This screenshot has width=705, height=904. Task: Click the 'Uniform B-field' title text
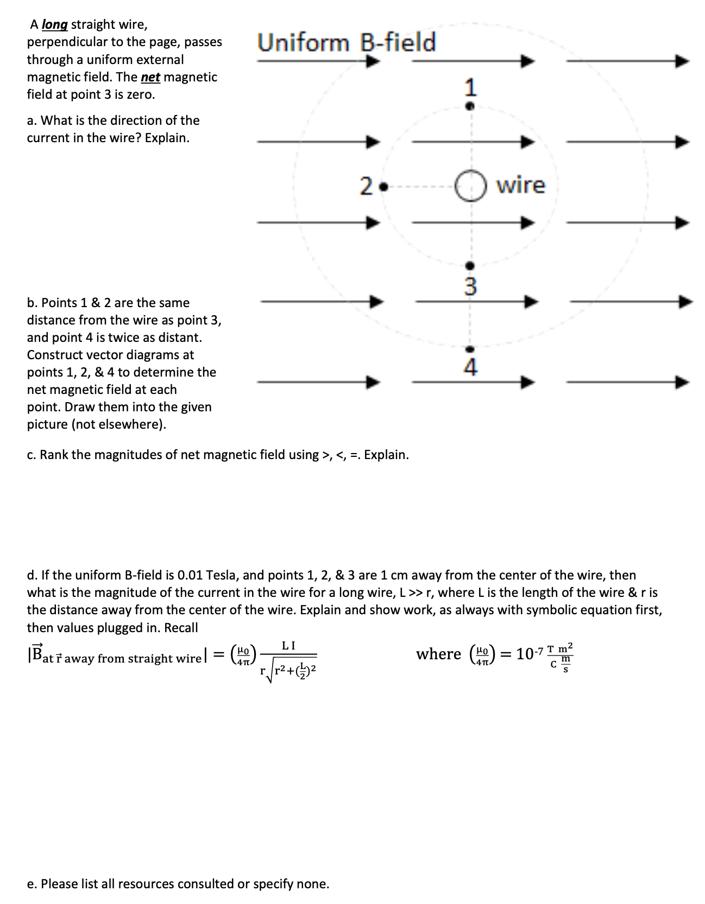[347, 42]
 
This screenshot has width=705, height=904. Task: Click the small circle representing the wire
[470, 186]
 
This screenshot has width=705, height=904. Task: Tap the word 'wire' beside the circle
[521, 185]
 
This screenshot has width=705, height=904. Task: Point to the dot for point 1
[471, 106]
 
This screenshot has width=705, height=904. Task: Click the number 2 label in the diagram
[367, 187]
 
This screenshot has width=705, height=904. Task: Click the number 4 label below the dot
[471, 368]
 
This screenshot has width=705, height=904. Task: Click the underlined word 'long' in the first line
[55, 25]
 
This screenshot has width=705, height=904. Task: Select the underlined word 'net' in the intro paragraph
[150, 78]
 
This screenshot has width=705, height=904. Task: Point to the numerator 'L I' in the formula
[288, 646]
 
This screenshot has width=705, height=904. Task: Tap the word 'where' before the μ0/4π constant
[438, 654]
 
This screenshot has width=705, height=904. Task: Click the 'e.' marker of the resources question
[32, 884]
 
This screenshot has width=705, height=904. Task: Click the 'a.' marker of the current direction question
[32, 120]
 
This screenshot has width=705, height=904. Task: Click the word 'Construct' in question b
[54, 355]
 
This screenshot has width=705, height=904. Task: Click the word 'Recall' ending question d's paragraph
[181, 628]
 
